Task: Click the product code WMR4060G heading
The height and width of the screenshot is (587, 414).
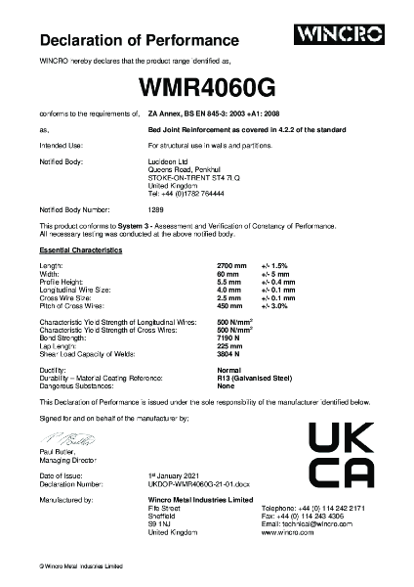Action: [206, 87]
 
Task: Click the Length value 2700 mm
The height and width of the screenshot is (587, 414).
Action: [229, 266]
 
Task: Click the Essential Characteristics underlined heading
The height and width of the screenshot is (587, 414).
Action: [81, 251]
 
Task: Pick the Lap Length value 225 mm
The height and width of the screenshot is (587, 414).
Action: [228, 343]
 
